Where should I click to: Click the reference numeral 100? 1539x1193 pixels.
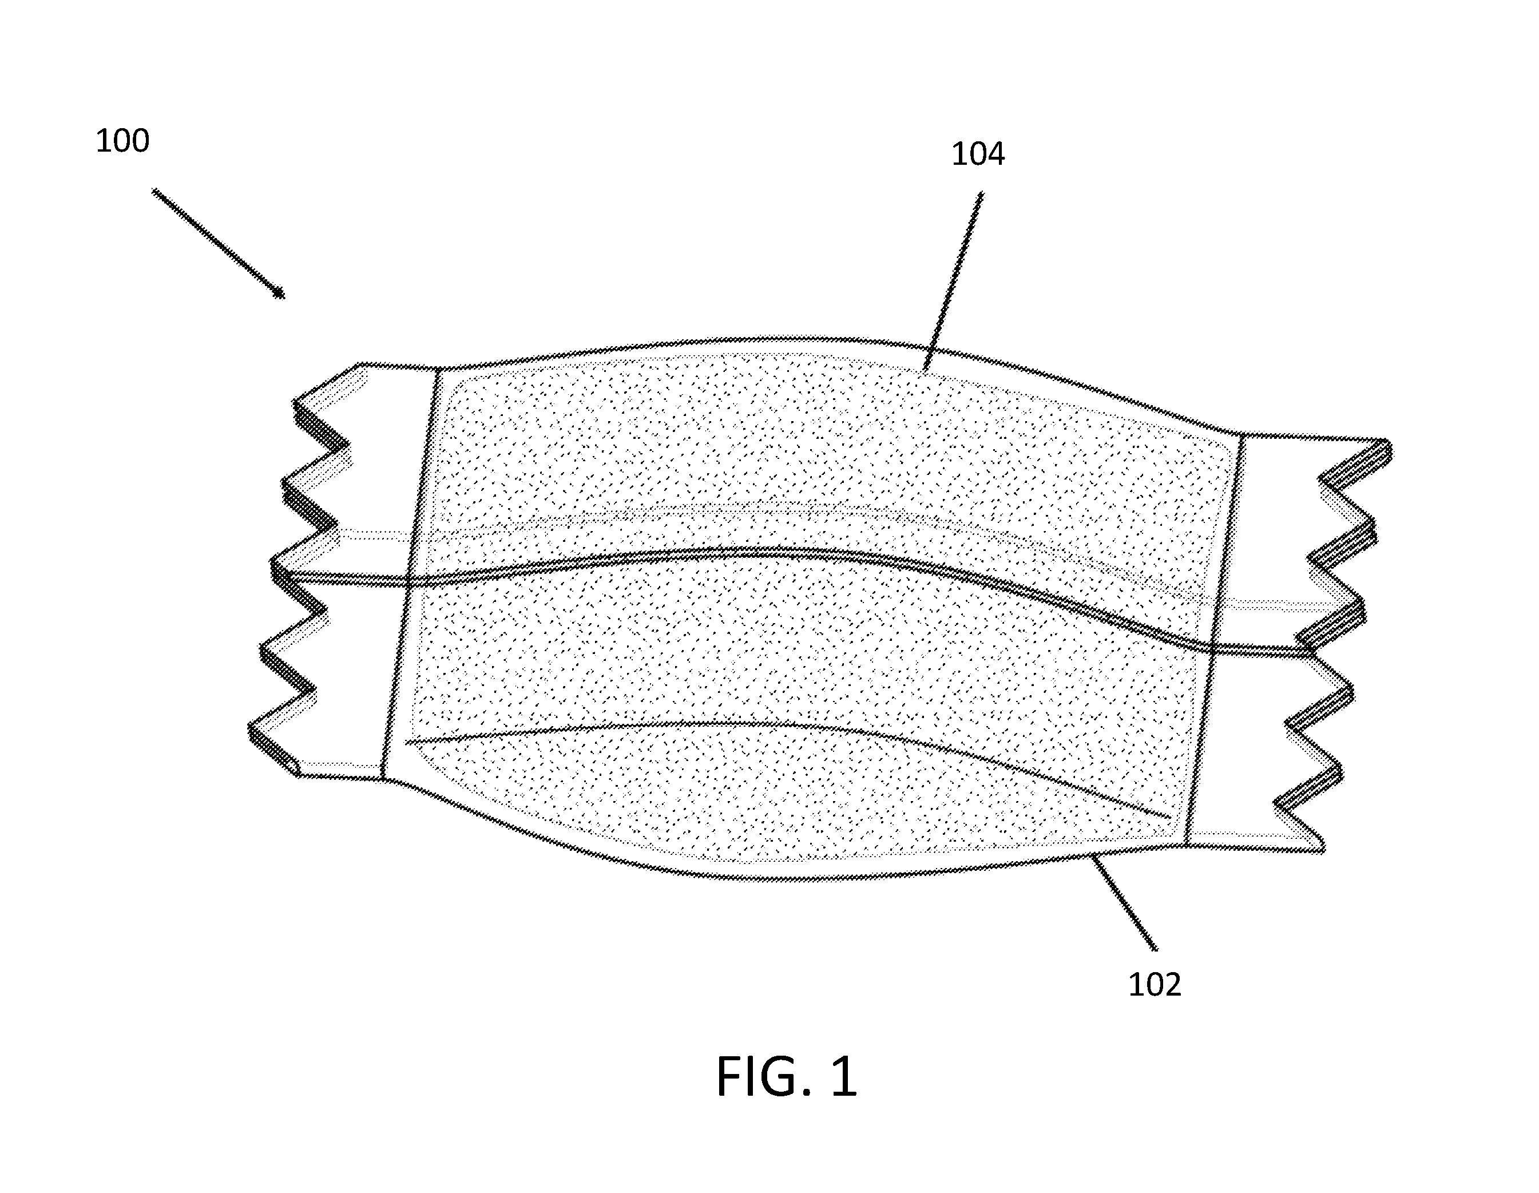point(122,141)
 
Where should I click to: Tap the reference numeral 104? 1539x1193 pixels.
point(978,154)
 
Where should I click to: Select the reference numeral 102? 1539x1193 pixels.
point(1155,985)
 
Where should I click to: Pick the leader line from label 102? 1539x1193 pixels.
point(1123,902)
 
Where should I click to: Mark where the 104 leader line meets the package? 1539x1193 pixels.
point(924,371)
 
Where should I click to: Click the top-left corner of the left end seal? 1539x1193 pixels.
point(359,364)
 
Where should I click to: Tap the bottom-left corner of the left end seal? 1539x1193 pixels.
point(299,775)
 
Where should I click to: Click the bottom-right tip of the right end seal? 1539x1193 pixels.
point(1323,851)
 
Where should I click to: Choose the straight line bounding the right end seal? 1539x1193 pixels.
point(1213,639)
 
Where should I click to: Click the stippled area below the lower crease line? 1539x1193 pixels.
point(775,796)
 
